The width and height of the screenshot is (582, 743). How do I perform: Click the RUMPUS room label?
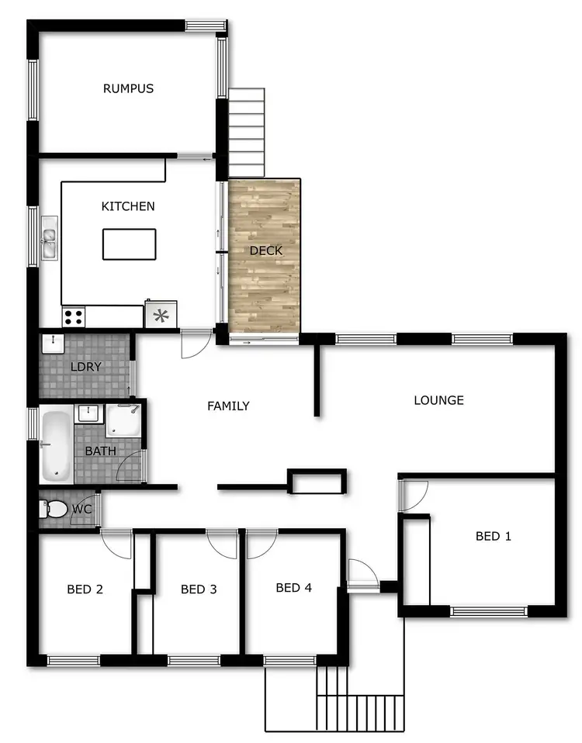point(128,88)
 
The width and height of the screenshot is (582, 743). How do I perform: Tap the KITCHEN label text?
point(128,206)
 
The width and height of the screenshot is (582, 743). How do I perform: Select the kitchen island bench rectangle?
point(129,244)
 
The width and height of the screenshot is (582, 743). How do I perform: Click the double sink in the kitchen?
point(50,237)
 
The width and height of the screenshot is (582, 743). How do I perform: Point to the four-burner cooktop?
point(74,316)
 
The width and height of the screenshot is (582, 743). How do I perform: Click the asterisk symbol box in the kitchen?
point(161,315)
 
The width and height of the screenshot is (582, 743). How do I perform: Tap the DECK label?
point(265,251)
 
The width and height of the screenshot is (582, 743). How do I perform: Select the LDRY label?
point(85,366)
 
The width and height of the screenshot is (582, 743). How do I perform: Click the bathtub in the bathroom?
point(56,445)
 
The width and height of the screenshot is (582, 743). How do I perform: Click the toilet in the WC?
point(55,510)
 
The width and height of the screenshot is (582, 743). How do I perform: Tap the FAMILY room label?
point(228,406)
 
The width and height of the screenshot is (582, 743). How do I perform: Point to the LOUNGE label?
point(438,400)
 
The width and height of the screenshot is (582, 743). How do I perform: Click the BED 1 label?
point(493,536)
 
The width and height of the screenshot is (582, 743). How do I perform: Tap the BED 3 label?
point(198,589)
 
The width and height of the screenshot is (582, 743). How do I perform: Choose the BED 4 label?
point(293,588)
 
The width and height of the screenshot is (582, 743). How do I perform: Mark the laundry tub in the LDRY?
point(53,343)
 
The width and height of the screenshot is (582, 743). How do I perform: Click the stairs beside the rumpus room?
point(247,132)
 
